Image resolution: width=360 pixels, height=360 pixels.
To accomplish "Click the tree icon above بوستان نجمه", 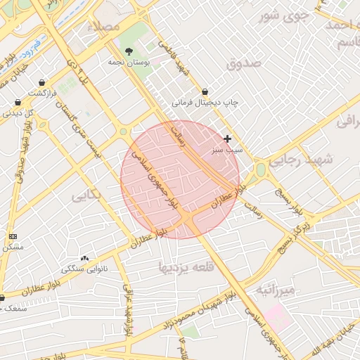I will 129,51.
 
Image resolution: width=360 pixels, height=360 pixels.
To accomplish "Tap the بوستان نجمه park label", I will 127,62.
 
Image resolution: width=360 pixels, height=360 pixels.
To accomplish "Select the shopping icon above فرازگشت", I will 42,83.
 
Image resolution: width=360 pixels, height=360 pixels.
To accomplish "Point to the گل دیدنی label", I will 20,112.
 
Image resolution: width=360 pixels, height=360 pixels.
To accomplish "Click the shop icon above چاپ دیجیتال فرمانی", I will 205,91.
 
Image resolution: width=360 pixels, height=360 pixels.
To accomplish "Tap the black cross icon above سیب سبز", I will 227,139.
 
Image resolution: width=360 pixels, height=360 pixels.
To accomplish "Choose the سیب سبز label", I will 227,150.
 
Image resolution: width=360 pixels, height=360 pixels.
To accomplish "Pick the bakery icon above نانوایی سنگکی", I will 85,258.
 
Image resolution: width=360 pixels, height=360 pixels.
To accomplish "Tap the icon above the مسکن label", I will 13,236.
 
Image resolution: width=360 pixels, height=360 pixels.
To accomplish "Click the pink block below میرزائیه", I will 278,317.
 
